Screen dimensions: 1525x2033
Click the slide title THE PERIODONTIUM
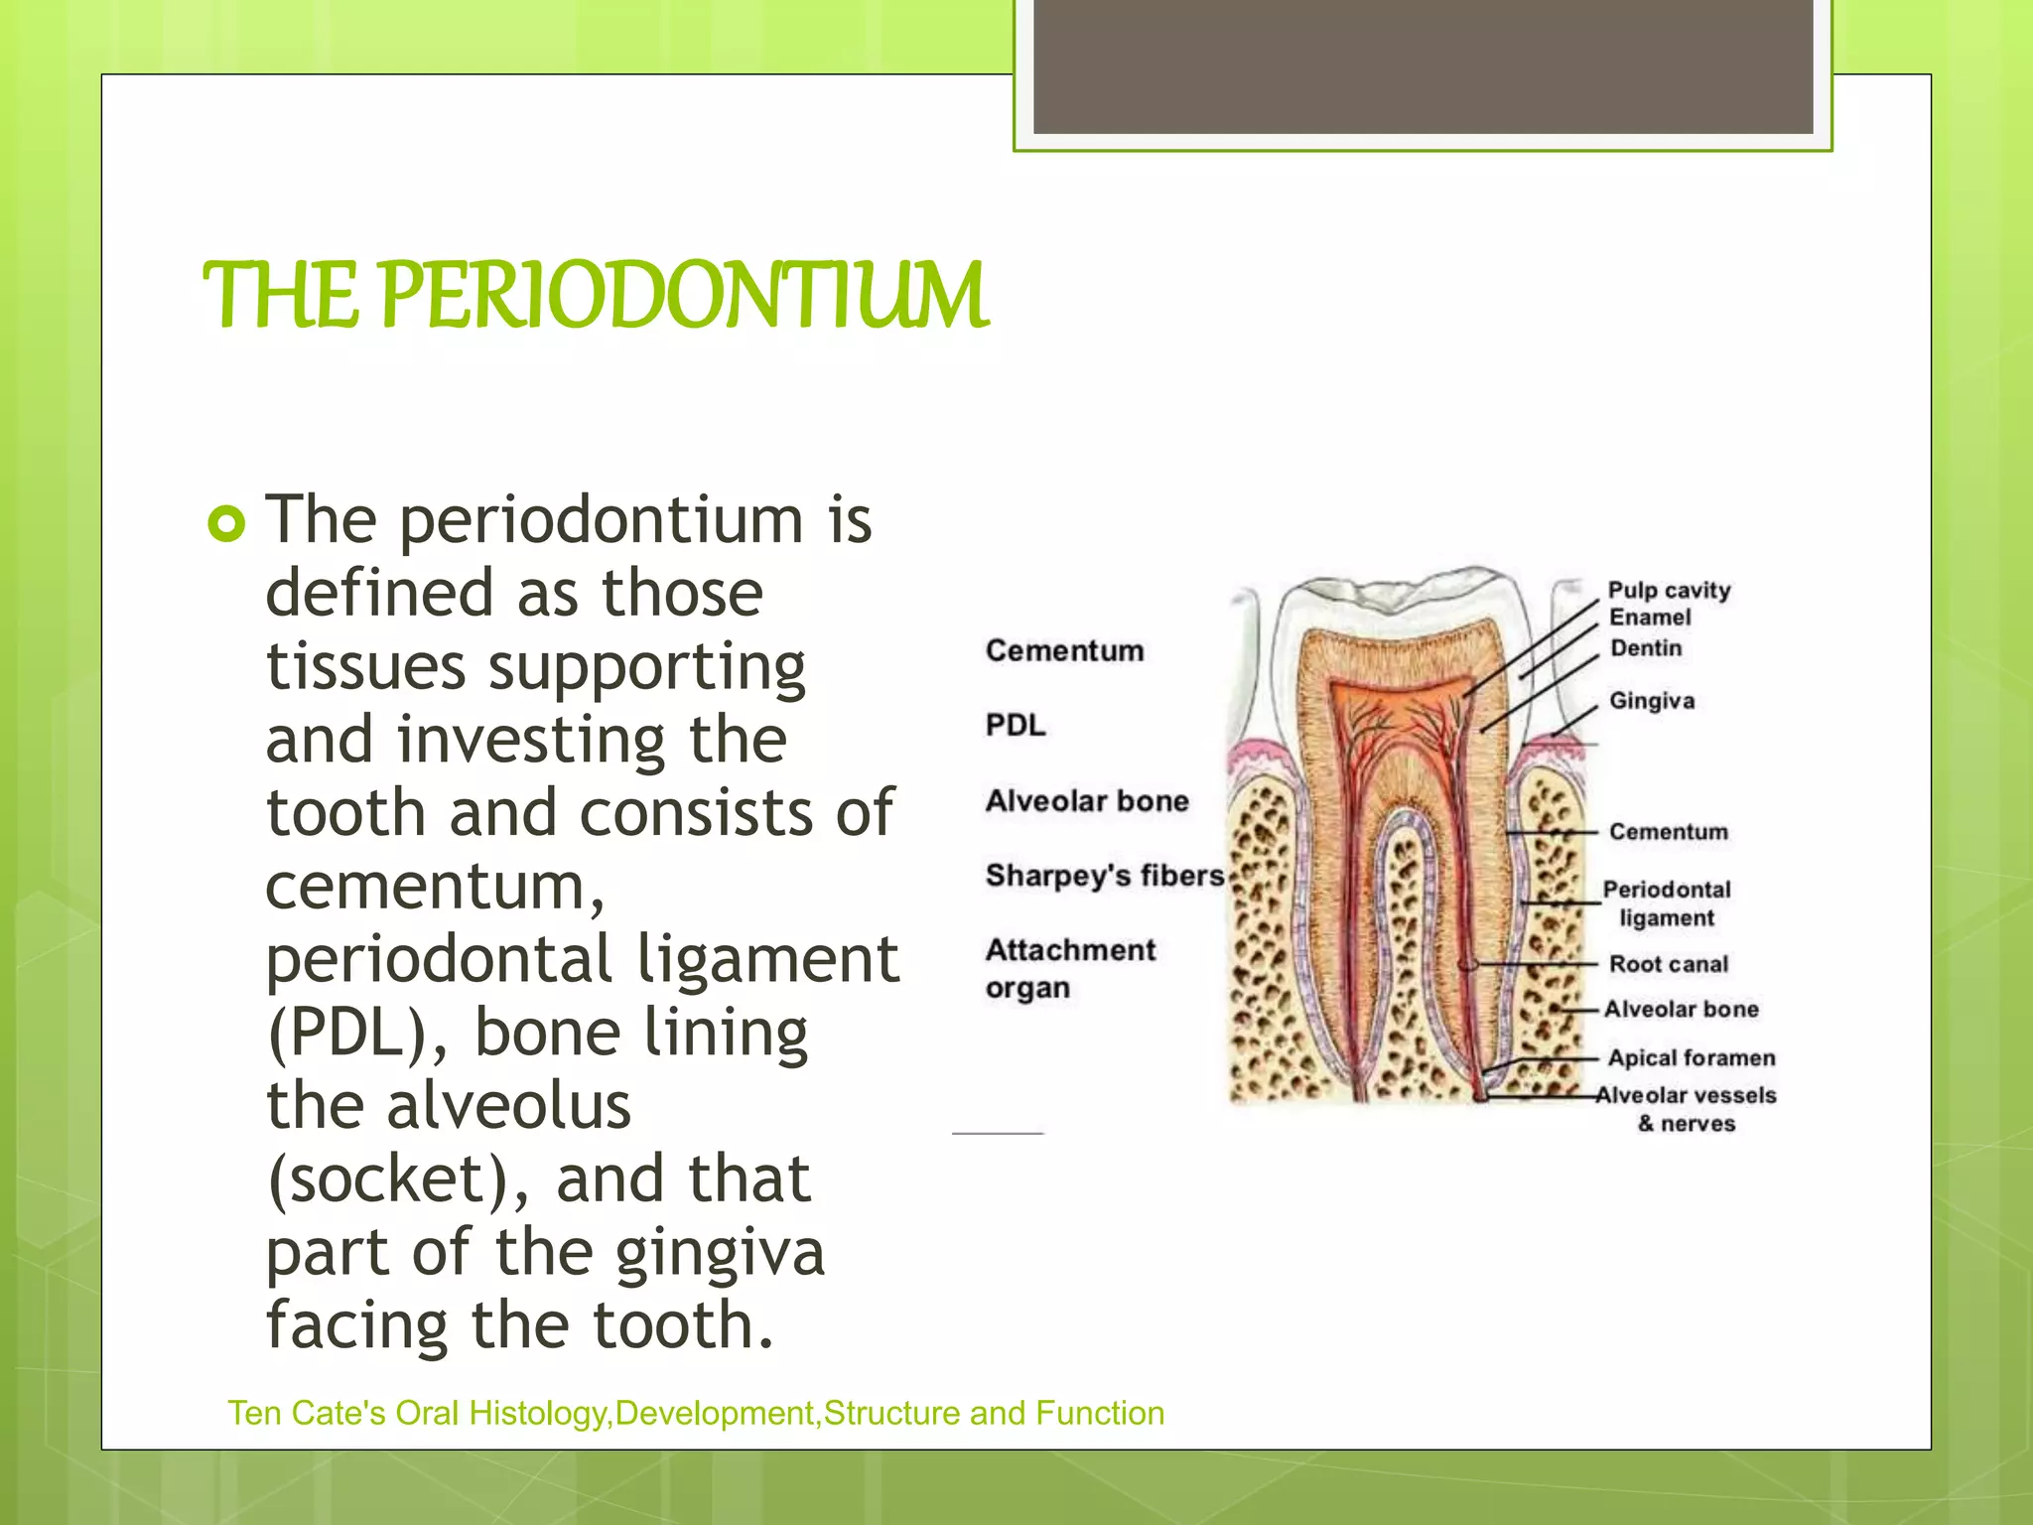pyautogui.click(x=596, y=295)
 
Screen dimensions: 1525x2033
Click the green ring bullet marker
pyautogui.click(x=226, y=523)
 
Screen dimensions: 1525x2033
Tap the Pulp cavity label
pyautogui.click(x=1669, y=590)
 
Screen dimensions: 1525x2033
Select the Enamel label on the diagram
pyautogui.click(x=1650, y=618)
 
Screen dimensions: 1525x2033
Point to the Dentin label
pyautogui.click(x=1646, y=648)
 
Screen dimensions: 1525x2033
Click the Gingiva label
pyautogui.click(x=1652, y=701)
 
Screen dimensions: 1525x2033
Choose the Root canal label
pyautogui.click(x=1669, y=964)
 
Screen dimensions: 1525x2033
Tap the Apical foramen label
pyautogui.click(x=1692, y=1058)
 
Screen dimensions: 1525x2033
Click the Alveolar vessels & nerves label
pyautogui.click(x=1687, y=1109)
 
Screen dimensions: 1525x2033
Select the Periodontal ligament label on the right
pyautogui.click(x=1667, y=903)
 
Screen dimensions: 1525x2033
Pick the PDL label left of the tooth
pyautogui.click(x=1016, y=726)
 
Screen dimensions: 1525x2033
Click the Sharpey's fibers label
pyautogui.click(x=1105, y=876)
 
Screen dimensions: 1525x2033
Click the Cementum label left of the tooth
pyautogui.click(x=1064, y=651)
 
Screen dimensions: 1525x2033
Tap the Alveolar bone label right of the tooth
pyautogui.click(x=1682, y=1010)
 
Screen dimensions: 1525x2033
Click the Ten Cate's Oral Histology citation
pyautogui.click(x=696, y=1413)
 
